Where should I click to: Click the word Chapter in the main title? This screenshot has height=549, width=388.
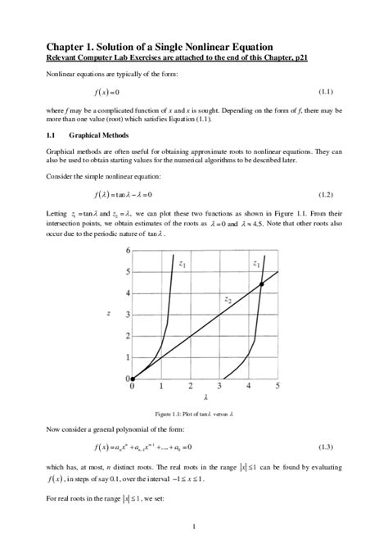pyautogui.click(x=70, y=48)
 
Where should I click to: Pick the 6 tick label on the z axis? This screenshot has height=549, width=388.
pyautogui.click(x=127, y=250)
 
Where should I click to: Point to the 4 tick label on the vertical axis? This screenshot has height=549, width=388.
pyautogui.click(x=127, y=293)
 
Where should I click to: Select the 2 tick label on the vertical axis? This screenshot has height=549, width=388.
pyautogui.click(x=127, y=336)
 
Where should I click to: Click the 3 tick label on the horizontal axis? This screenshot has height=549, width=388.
pyautogui.click(x=219, y=386)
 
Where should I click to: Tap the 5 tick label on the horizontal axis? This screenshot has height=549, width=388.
pyautogui.click(x=277, y=386)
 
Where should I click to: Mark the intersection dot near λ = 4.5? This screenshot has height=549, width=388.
pyautogui.click(x=260, y=284)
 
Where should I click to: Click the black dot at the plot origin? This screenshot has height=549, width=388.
pyautogui.click(x=133, y=379)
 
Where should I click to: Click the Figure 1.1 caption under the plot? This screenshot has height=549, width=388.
pyautogui.click(x=193, y=413)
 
